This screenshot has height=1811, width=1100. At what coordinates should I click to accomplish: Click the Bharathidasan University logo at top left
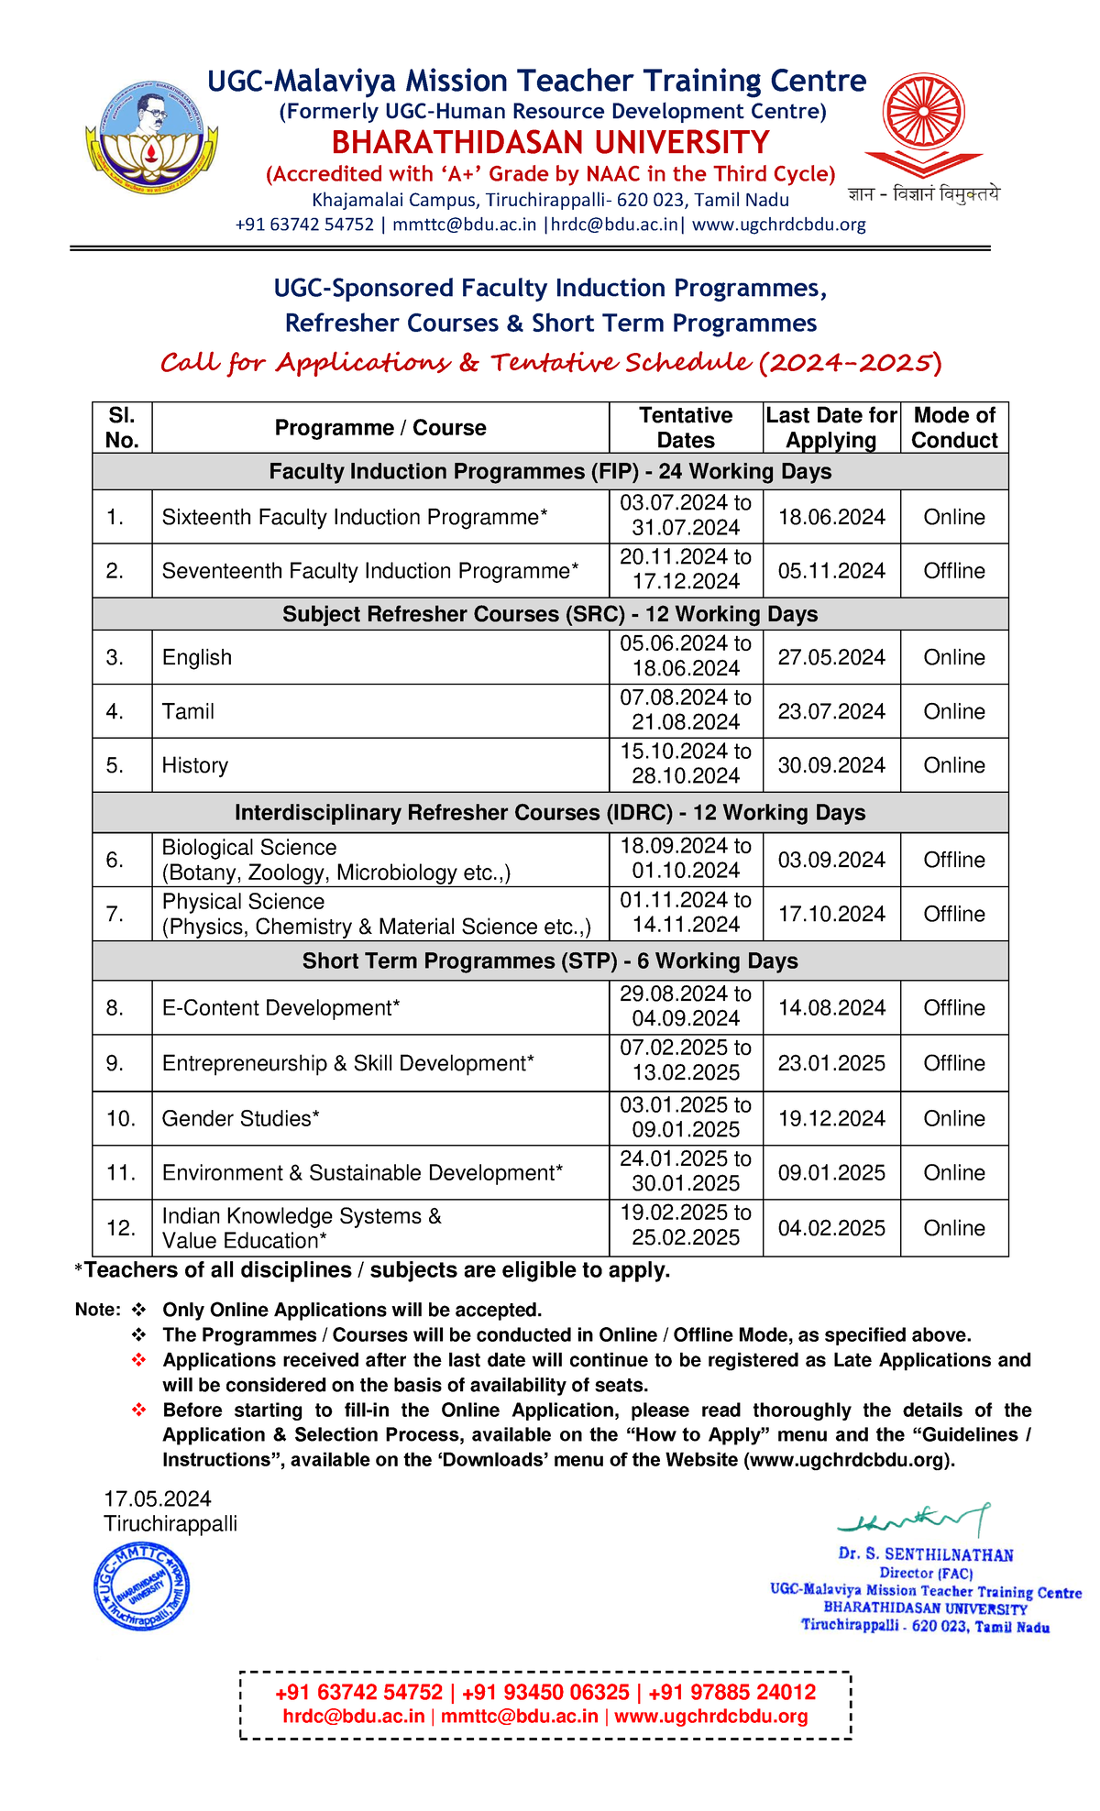(x=151, y=137)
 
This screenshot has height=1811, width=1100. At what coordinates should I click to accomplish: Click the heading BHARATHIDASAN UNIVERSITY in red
(x=550, y=143)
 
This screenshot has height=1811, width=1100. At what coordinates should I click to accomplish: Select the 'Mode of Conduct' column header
(x=954, y=428)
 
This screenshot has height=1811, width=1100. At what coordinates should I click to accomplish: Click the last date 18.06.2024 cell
(x=831, y=517)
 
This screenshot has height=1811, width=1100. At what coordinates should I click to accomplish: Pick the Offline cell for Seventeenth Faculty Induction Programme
(x=954, y=571)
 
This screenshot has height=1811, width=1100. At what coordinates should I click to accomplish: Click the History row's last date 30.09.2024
(x=831, y=765)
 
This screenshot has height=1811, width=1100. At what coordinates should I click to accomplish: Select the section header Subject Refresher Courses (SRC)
(x=550, y=614)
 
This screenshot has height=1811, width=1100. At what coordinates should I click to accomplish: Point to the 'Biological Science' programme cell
(x=249, y=848)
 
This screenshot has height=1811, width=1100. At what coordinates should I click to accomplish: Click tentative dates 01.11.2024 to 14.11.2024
(x=686, y=913)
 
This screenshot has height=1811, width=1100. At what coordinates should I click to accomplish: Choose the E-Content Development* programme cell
(x=281, y=1008)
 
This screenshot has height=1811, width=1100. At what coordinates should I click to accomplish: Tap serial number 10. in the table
(x=121, y=1118)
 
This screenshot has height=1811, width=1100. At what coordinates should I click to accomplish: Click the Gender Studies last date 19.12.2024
(x=831, y=1118)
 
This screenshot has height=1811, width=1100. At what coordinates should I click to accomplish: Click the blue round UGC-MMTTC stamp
(x=142, y=1586)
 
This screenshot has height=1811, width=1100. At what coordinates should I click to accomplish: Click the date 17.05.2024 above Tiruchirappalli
(x=158, y=1498)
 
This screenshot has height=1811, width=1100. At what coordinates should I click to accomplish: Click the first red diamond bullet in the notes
(x=139, y=1360)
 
